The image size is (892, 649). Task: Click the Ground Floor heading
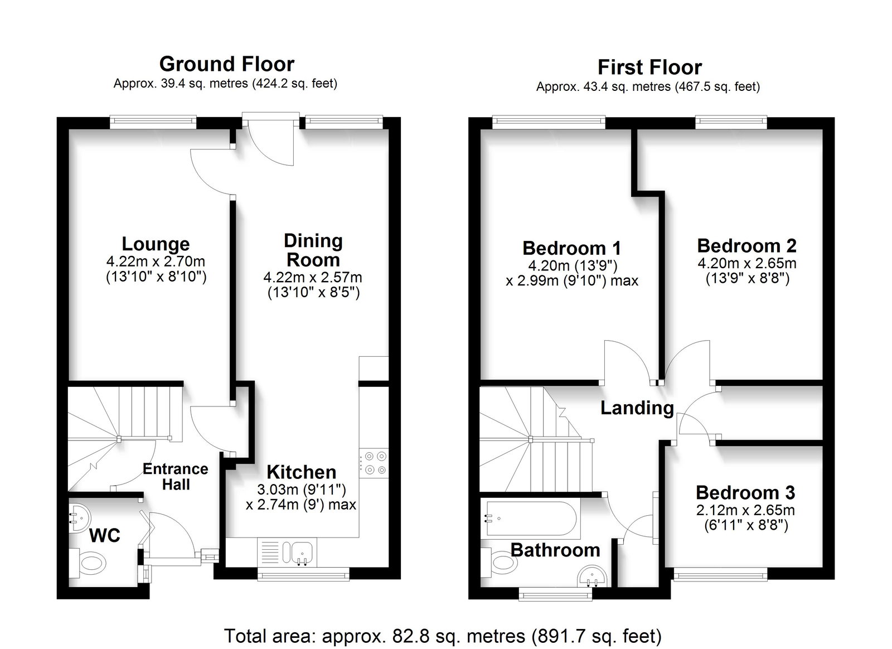pyautogui.click(x=226, y=64)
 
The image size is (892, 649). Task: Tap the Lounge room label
pyautogui.click(x=156, y=244)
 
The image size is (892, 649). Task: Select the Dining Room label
pyautogui.click(x=313, y=250)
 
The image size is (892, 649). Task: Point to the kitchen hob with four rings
pyautogui.click(x=373, y=463)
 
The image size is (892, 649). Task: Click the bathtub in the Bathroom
pyautogui.click(x=530, y=518)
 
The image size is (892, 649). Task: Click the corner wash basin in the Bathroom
pyautogui.click(x=593, y=576)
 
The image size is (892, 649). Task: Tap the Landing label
pyautogui.click(x=637, y=408)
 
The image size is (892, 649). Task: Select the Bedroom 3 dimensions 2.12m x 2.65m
pyautogui.click(x=745, y=510)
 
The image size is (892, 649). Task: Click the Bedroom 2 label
pyautogui.click(x=746, y=246)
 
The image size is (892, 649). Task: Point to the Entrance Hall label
pyautogui.click(x=176, y=476)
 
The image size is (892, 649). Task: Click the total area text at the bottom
pyautogui.click(x=443, y=636)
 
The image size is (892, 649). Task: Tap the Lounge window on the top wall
pyautogui.click(x=153, y=122)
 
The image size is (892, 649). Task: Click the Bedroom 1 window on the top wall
pyautogui.click(x=549, y=122)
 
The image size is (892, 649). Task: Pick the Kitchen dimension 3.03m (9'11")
pyautogui.click(x=302, y=488)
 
